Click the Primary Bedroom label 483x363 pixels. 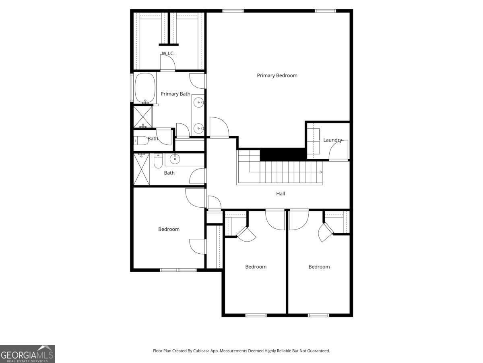click(x=277, y=75)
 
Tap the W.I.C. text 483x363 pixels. click(x=168, y=53)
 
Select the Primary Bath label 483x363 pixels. click(x=175, y=94)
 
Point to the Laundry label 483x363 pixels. click(x=332, y=140)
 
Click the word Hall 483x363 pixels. click(x=281, y=194)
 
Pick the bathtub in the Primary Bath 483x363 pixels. click(x=144, y=88)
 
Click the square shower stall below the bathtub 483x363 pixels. click(x=143, y=117)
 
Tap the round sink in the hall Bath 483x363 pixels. click(x=175, y=159)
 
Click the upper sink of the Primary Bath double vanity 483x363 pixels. click(x=198, y=103)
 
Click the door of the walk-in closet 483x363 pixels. click(x=168, y=63)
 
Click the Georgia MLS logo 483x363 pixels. click(x=27, y=354)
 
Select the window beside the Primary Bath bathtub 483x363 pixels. click(x=132, y=87)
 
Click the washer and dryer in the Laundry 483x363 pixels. click(x=313, y=144)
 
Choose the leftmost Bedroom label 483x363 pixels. click(x=169, y=229)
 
